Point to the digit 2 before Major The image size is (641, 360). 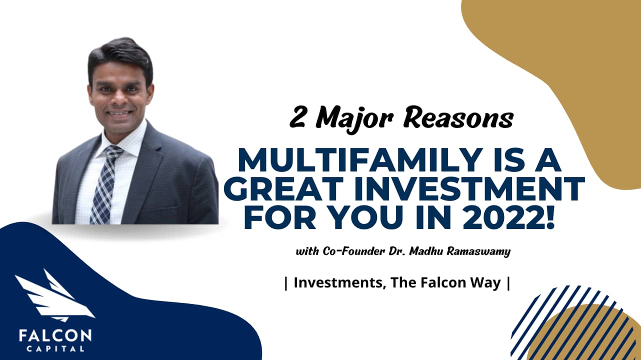[x=298, y=118]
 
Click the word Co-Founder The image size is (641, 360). [x=344, y=251]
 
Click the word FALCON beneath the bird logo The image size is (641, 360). [x=55, y=334]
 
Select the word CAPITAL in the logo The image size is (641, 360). [x=55, y=348]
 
